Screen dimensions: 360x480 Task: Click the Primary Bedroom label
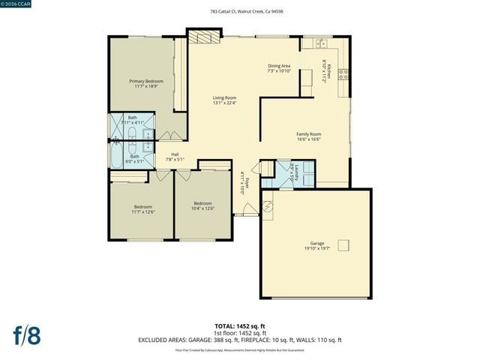[x=146, y=83]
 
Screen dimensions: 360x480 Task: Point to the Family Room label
[x=309, y=136]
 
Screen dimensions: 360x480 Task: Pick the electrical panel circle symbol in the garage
[x=268, y=207]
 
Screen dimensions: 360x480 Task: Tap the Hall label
[x=175, y=156]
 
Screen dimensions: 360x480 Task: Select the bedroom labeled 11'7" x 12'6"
[x=142, y=208]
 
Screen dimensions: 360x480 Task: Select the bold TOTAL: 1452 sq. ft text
[x=240, y=326]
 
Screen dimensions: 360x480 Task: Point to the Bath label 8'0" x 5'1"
[x=134, y=159]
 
